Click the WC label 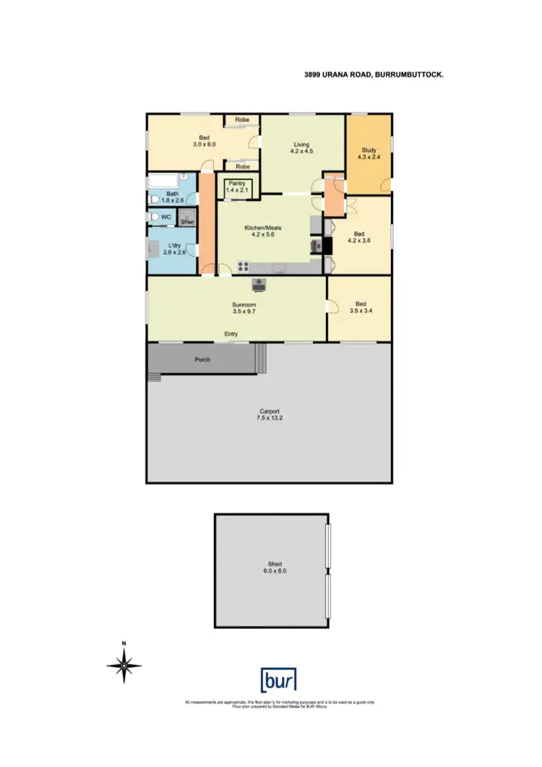[165, 217]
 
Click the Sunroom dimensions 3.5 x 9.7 [244, 312]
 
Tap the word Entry [231, 334]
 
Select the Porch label [202, 359]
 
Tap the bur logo [278, 680]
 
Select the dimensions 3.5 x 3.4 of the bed [360, 311]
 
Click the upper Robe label [241, 120]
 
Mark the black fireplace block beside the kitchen [327, 246]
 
